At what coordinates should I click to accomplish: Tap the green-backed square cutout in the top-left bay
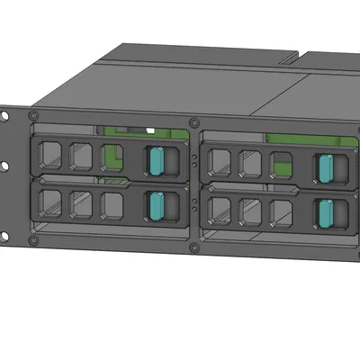coord(111,157)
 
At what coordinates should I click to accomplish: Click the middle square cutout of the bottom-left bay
coord(81,202)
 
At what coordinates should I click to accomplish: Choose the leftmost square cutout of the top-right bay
coord(219,161)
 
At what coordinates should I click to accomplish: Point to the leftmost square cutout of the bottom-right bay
coord(219,209)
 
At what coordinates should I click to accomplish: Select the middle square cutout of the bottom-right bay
coord(250,211)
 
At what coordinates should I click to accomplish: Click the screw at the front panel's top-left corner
coord(34,117)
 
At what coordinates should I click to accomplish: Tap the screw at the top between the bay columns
coord(194,124)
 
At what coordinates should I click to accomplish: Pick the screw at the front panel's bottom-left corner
coord(34,240)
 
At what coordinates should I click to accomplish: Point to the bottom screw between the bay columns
coord(194,250)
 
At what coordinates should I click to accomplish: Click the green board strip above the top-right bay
coord(297,139)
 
